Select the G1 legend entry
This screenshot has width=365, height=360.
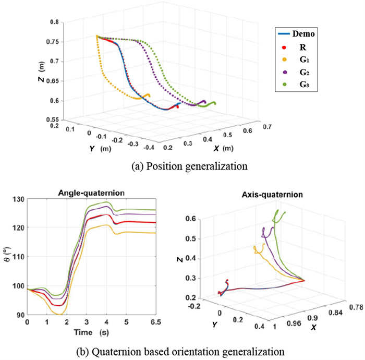(x=301, y=61)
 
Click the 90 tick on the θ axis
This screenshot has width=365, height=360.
(x=19, y=315)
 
